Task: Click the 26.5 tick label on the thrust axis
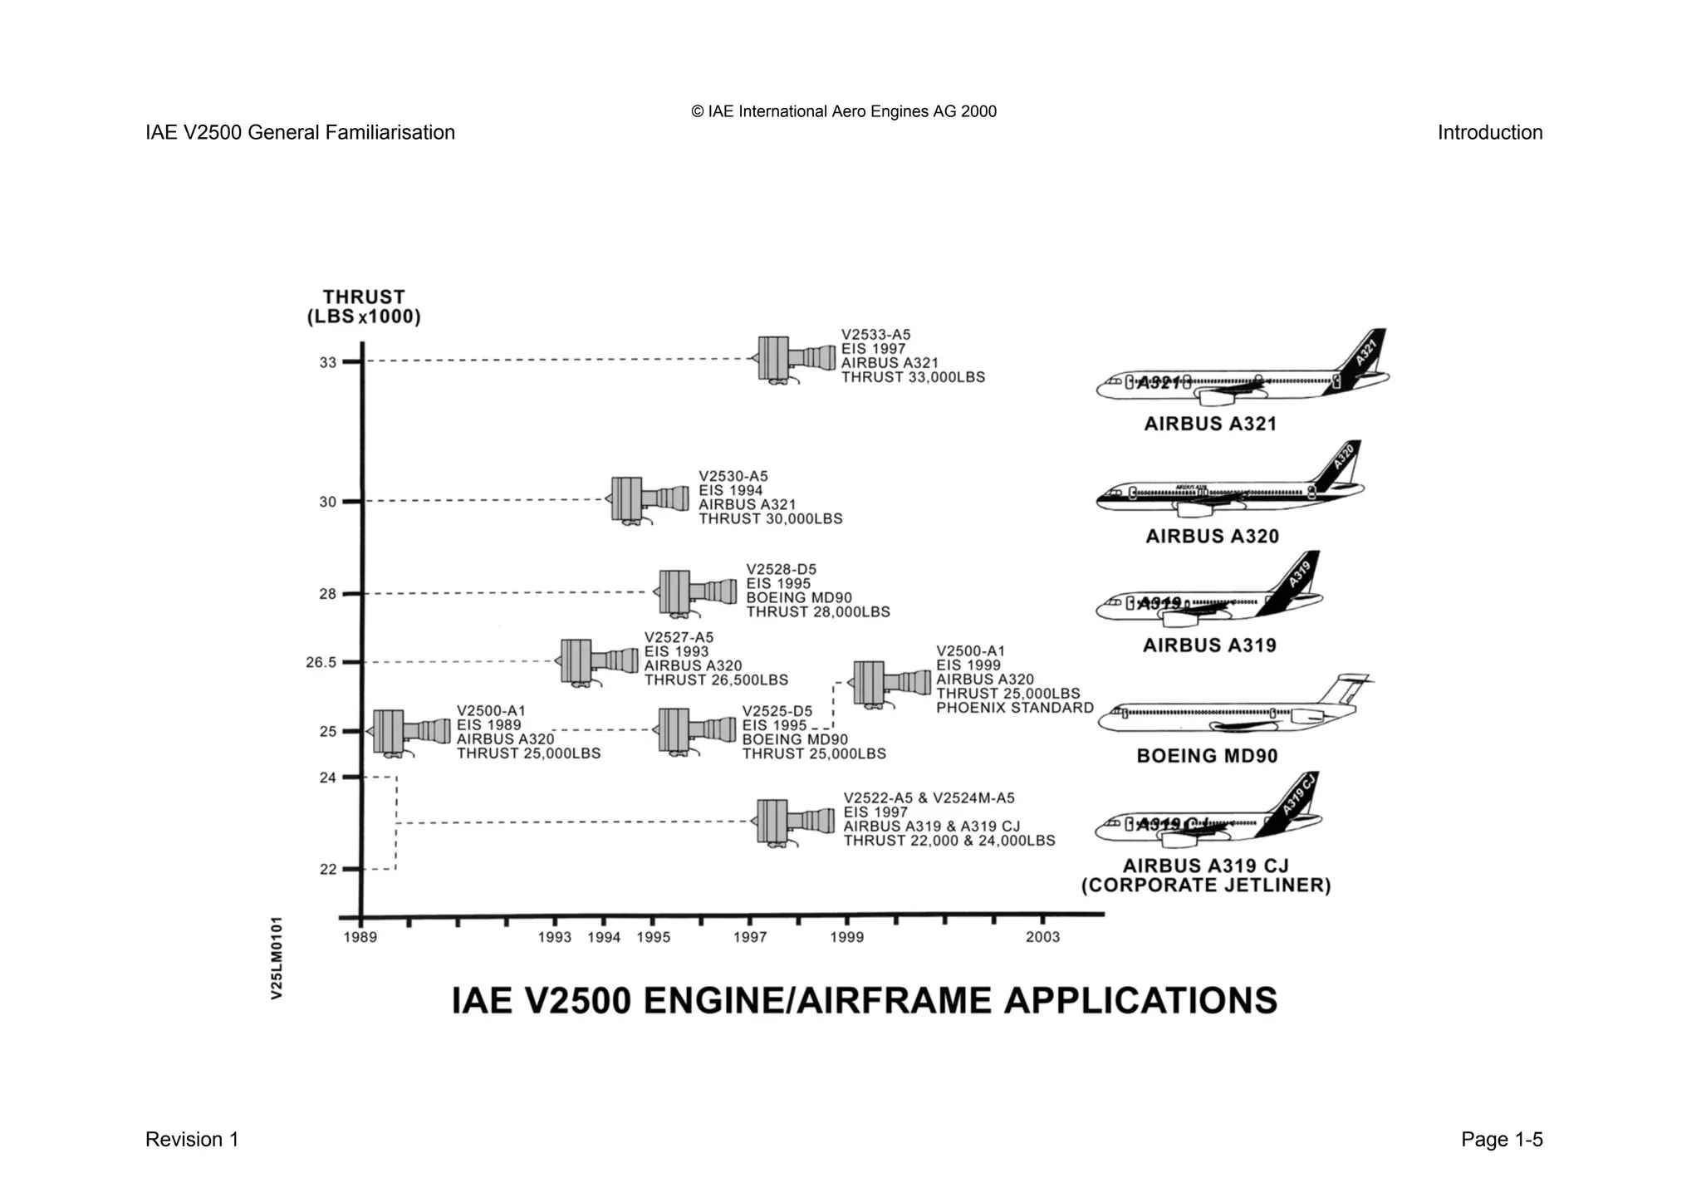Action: pos(321,663)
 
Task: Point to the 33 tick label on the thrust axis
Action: pos(329,363)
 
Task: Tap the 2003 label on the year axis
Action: pos(1042,938)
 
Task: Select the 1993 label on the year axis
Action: pos(555,938)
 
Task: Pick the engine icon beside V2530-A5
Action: pos(649,499)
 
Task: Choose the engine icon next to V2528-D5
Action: pos(696,592)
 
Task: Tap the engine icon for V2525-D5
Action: pos(695,730)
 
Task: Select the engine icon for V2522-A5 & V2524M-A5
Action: pos(794,822)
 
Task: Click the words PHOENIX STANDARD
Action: pos(1015,708)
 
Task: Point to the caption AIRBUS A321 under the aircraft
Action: pos(1210,424)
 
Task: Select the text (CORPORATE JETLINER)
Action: pos(1206,886)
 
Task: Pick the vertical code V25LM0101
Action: pos(277,958)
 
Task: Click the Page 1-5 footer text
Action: pos(1502,1140)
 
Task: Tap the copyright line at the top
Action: pos(844,112)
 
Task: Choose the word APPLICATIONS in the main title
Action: pos(1140,1001)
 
